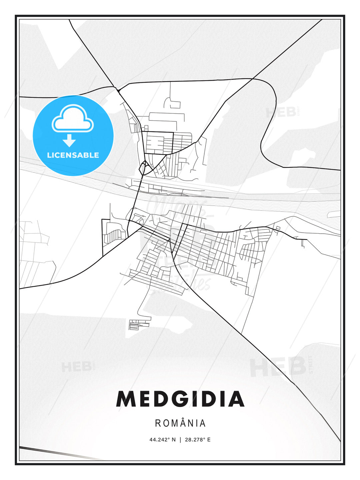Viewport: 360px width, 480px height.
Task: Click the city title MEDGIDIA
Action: point(180,399)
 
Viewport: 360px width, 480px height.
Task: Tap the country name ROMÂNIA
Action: point(180,423)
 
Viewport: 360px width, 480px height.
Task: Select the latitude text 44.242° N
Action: point(162,440)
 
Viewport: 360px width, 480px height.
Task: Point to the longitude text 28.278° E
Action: point(198,440)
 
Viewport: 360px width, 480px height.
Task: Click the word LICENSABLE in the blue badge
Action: point(73,155)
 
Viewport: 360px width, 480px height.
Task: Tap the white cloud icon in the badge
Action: point(73,119)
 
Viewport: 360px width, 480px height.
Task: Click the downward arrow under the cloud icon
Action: point(69,141)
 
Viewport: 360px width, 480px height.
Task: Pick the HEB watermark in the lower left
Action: point(76,367)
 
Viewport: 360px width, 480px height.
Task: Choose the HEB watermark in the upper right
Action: point(281,113)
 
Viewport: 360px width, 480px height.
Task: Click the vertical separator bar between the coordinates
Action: point(180,440)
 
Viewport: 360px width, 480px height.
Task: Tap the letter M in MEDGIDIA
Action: point(127,399)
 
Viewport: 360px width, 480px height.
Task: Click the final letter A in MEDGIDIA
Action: point(236,399)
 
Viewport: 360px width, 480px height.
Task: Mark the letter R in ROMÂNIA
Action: point(158,423)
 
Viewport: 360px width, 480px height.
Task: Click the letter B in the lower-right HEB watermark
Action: point(297,367)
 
